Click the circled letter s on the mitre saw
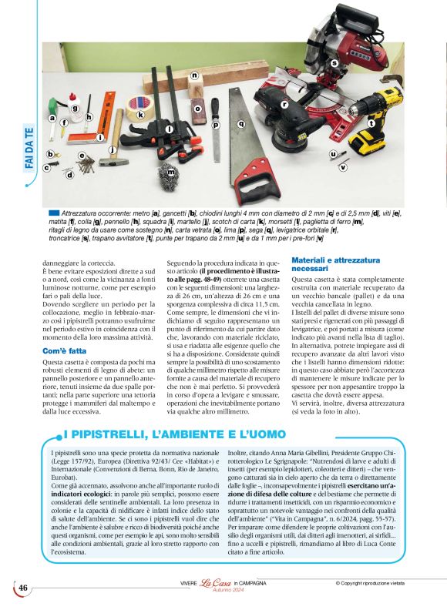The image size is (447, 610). pos(334,62)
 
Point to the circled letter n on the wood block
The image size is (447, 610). pos(194,75)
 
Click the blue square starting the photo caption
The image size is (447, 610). pos(53,212)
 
